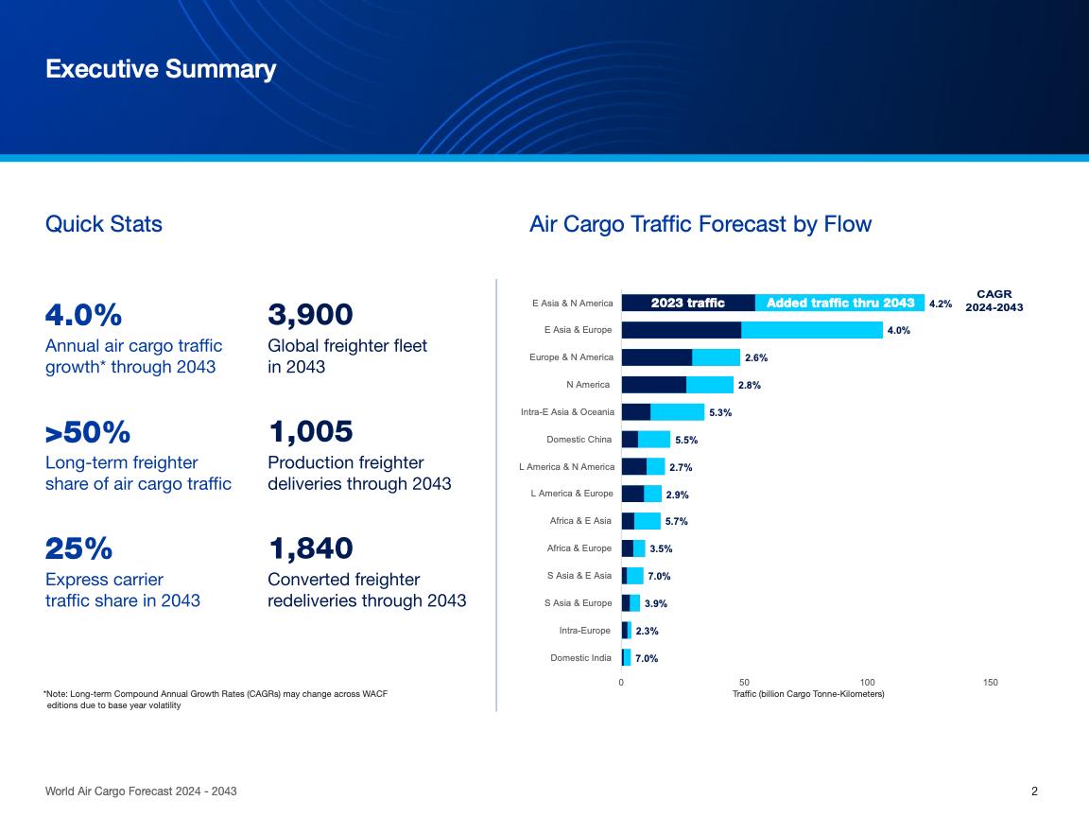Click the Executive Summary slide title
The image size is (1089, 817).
pyautogui.click(x=161, y=70)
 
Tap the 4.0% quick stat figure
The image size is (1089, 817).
pyautogui.click(x=83, y=314)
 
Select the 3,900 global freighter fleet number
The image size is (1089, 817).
pyautogui.click(x=311, y=314)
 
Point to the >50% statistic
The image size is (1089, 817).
pyautogui.click(x=88, y=432)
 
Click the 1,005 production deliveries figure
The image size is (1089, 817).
pyautogui.click(x=311, y=432)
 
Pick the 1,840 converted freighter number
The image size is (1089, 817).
pyautogui.click(x=311, y=548)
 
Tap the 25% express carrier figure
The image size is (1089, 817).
pyautogui.click(x=78, y=548)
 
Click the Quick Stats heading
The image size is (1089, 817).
pyautogui.click(x=104, y=224)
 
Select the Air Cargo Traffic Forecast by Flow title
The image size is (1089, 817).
pyautogui.click(x=700, y=224)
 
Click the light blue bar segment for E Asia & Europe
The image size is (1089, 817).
pyautogui.click(x=811, y=330)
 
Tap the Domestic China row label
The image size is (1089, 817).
pyautogui.click(x=579, y=440)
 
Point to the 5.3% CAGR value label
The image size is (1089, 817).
pyautogui.click(x=720, y=412)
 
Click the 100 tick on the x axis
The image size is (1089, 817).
pyautogui.click(x=868, y=683)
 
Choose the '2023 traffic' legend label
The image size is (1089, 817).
pyautogui.click(x=688, y=304)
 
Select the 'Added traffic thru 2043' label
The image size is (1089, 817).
pyautogui.click(x=840, y=304)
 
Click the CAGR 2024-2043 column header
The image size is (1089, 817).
pyautogui.click(x=994, y=301)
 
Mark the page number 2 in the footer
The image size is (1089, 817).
pyautogui.click(x=1034, y=791)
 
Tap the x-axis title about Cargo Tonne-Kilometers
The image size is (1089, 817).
pyautogui.click(x=808, y=694)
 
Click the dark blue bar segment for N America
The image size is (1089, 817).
pyautogui.click(x=653, y=385)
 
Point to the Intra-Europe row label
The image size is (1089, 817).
pyautogui.click(x=585, y=631)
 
